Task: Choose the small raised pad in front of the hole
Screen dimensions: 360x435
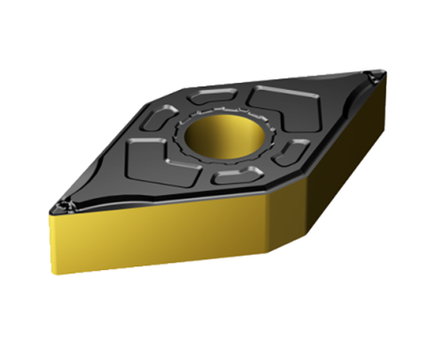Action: point(234,177)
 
